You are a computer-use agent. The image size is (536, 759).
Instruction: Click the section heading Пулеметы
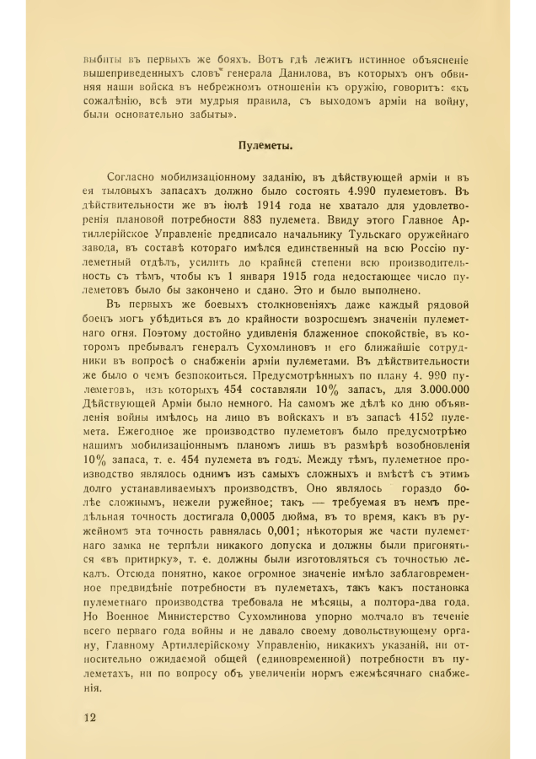[265, 146]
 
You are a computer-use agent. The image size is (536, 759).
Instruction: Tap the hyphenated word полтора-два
[406, 611]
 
